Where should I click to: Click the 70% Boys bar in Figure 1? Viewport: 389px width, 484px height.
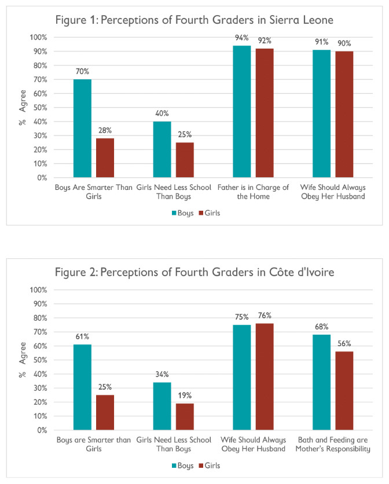(x=82, y=129)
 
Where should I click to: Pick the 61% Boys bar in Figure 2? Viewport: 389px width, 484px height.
(x=82, y=387)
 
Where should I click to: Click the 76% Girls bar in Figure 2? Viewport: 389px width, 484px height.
(x=265, y=377)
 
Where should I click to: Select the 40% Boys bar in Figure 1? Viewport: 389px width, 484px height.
(x=162, y=149)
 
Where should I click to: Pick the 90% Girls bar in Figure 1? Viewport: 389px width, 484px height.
(x=344, y=115)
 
